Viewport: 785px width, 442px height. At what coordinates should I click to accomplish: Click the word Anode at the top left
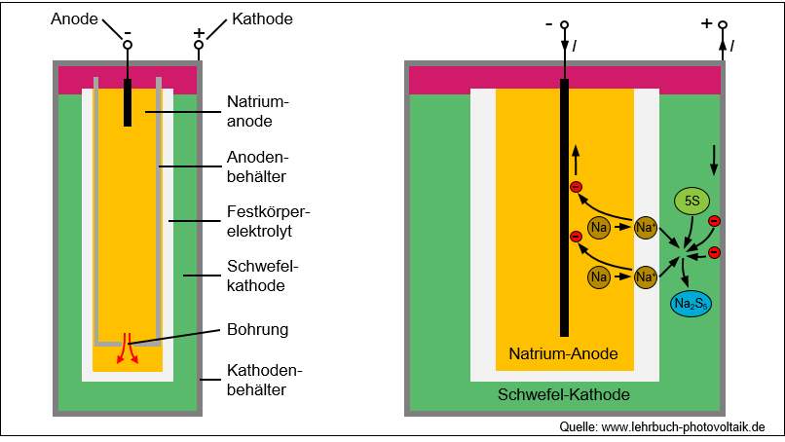coord(74,19)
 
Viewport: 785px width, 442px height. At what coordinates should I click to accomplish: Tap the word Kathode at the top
coord(262,19)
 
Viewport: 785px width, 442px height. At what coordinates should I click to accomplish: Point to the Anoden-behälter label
coord(258,166)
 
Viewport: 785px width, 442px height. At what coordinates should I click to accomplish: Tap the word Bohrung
coord(257,329)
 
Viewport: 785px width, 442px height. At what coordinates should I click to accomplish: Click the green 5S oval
coord(692,202)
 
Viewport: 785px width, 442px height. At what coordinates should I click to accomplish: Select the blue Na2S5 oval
coord(691,304)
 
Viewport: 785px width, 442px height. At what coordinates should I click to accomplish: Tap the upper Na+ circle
coord(645,228)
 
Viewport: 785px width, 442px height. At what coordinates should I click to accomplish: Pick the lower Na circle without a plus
coord(600,277)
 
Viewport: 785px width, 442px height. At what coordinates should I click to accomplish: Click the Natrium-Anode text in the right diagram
coord(563,352)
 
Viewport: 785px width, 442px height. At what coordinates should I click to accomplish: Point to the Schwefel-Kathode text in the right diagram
coord(563,394)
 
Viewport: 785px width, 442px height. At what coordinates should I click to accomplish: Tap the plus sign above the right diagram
coord(707,23)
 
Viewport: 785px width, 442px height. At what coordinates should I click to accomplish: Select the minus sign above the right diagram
coord(548,23)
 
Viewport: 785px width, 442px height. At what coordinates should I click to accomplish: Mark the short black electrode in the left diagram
coord(128,102)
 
